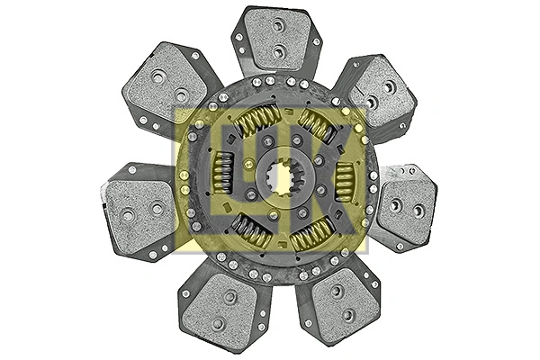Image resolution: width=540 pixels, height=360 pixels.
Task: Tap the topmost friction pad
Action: coord(276,40)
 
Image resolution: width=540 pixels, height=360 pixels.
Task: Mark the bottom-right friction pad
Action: coord(337,303)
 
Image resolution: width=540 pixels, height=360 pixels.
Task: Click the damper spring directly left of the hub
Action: coord(223,170)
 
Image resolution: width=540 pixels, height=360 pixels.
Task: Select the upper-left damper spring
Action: coord(258,120)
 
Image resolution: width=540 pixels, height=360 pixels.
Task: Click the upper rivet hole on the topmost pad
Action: coord(279,26)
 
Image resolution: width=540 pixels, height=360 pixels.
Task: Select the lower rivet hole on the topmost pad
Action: coord(279,52)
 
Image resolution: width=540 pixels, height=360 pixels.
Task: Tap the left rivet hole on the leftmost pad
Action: coord(127,214)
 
